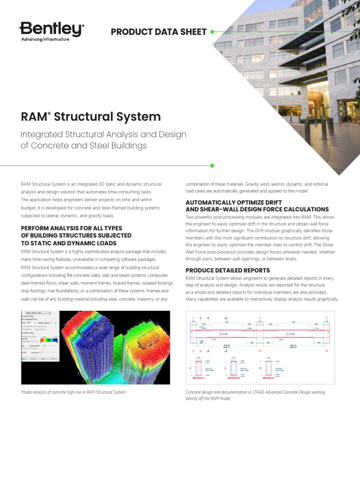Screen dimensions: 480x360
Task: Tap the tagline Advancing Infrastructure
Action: pyautogui.click(x=45, y=40)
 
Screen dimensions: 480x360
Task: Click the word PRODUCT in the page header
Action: pyautogui.click(x=130, y=32)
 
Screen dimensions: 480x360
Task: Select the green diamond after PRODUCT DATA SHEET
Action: pyautogui.click(x=212, y=32)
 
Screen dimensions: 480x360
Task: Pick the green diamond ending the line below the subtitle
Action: pyautogui.click(x=212, y=165)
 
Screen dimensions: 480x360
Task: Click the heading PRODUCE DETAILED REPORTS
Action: pyautogui.click(x=227, y=270)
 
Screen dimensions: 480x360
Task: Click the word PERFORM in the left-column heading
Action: pyautogui.click(x=38, y=228)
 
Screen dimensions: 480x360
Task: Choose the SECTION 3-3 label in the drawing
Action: pyautogui.click(x=268, y=378)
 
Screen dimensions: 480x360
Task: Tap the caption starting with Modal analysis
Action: pyautogui.click(x=74, y=392)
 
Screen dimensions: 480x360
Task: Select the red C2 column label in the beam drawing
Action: pyautogui.click(x=260, y=350)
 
